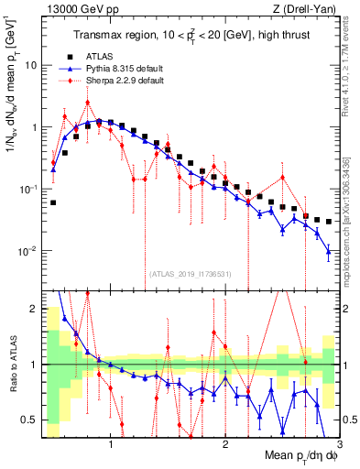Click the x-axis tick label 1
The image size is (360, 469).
[x=111, y=444]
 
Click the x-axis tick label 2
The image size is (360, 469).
[x=225, y=444]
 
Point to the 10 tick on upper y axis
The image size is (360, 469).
[x=32, y=66]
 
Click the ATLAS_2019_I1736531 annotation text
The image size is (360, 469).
[x=191, y=273]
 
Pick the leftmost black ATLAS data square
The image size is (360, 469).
[x=53, y=202]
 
